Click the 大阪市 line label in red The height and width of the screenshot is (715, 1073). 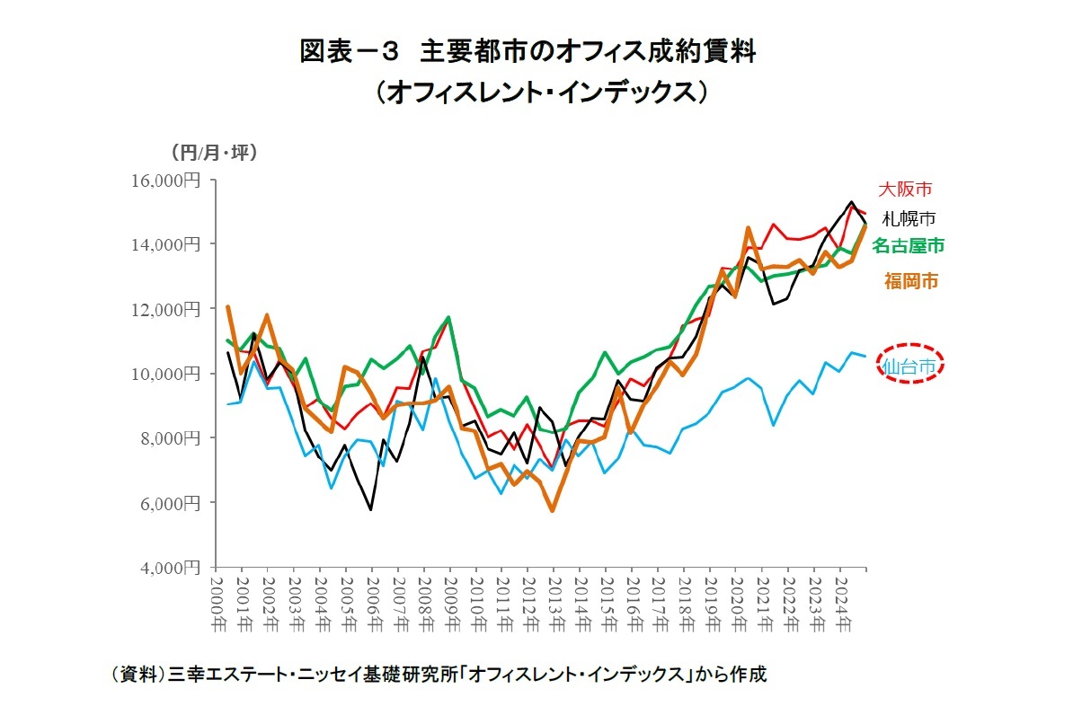pos(904,190)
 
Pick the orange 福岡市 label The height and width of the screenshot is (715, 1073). pos(910,281)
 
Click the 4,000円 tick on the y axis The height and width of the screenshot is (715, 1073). pos(173,568)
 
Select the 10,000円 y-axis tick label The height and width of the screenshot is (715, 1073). pos(169,374)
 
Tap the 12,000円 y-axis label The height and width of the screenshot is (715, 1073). pos(169,309)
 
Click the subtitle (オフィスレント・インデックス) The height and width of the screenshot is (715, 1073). pos(536,92)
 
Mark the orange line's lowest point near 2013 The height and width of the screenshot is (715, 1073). pos(553,510)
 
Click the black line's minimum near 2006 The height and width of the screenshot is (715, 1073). pos(370,509)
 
